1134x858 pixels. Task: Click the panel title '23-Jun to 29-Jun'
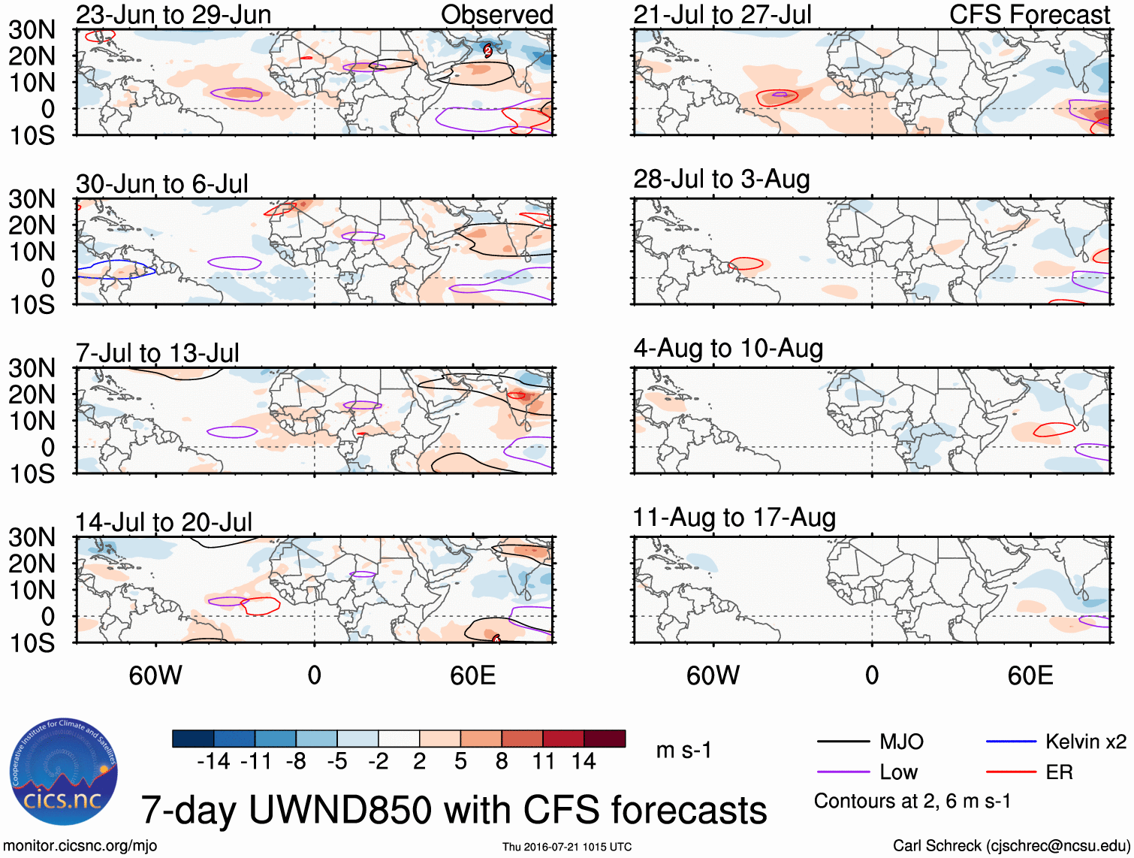(173, 14)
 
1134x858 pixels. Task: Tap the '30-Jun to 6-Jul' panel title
(162, 184)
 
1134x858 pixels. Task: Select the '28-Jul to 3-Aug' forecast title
(722, 179)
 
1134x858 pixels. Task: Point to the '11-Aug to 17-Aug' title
(734, 518)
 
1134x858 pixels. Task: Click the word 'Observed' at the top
(496, 14)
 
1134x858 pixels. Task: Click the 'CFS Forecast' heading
(1030, 14)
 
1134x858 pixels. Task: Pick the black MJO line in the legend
(843, 742)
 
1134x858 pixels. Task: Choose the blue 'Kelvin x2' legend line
(1011, 742)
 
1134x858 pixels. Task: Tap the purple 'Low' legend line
(843, 772)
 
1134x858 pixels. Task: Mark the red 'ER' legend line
(1011, 772)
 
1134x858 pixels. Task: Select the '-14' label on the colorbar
(213, 762)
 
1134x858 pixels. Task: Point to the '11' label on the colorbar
(543, 762)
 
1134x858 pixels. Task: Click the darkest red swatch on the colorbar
(605, 739)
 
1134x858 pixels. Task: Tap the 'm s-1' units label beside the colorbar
(683, 751)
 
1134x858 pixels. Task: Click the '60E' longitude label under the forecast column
(1030, 675)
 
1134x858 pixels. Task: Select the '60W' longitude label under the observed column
(155, 675)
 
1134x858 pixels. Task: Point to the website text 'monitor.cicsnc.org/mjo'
(80, 846)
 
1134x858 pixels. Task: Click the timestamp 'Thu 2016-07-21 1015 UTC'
(567, 847)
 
